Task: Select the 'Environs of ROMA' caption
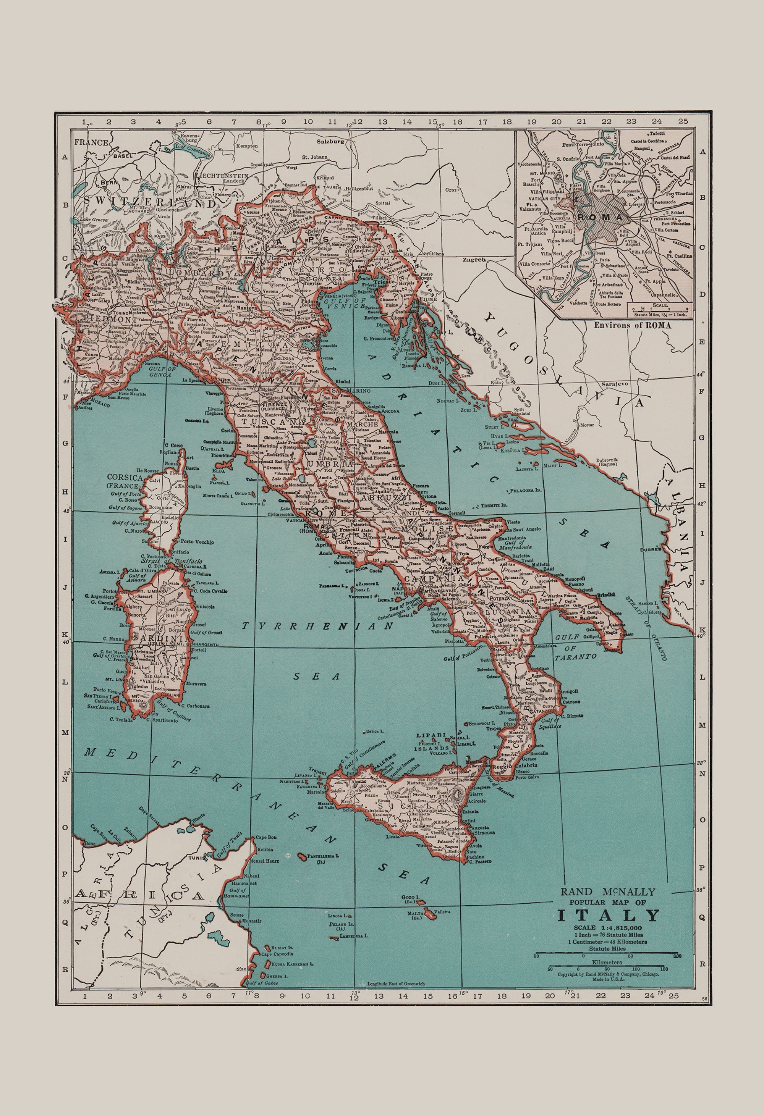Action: pos(632,325)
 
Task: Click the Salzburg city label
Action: pos(330,142)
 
